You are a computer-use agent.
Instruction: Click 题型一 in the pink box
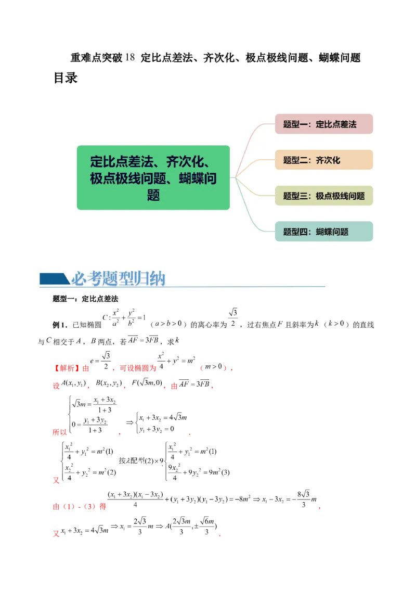coord(295,124)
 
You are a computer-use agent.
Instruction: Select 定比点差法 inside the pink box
coord(336,124)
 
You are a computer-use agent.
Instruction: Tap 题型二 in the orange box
coord(295,160)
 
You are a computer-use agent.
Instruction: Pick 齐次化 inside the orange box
coord(328,160)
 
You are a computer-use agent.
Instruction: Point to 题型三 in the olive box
coord(295,196)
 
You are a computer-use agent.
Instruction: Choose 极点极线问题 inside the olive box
coord(340,196)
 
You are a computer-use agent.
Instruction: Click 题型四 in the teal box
coord(295,232)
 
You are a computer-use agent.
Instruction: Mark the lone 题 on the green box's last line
coord(153,196)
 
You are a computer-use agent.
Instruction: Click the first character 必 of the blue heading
coord(78,279)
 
